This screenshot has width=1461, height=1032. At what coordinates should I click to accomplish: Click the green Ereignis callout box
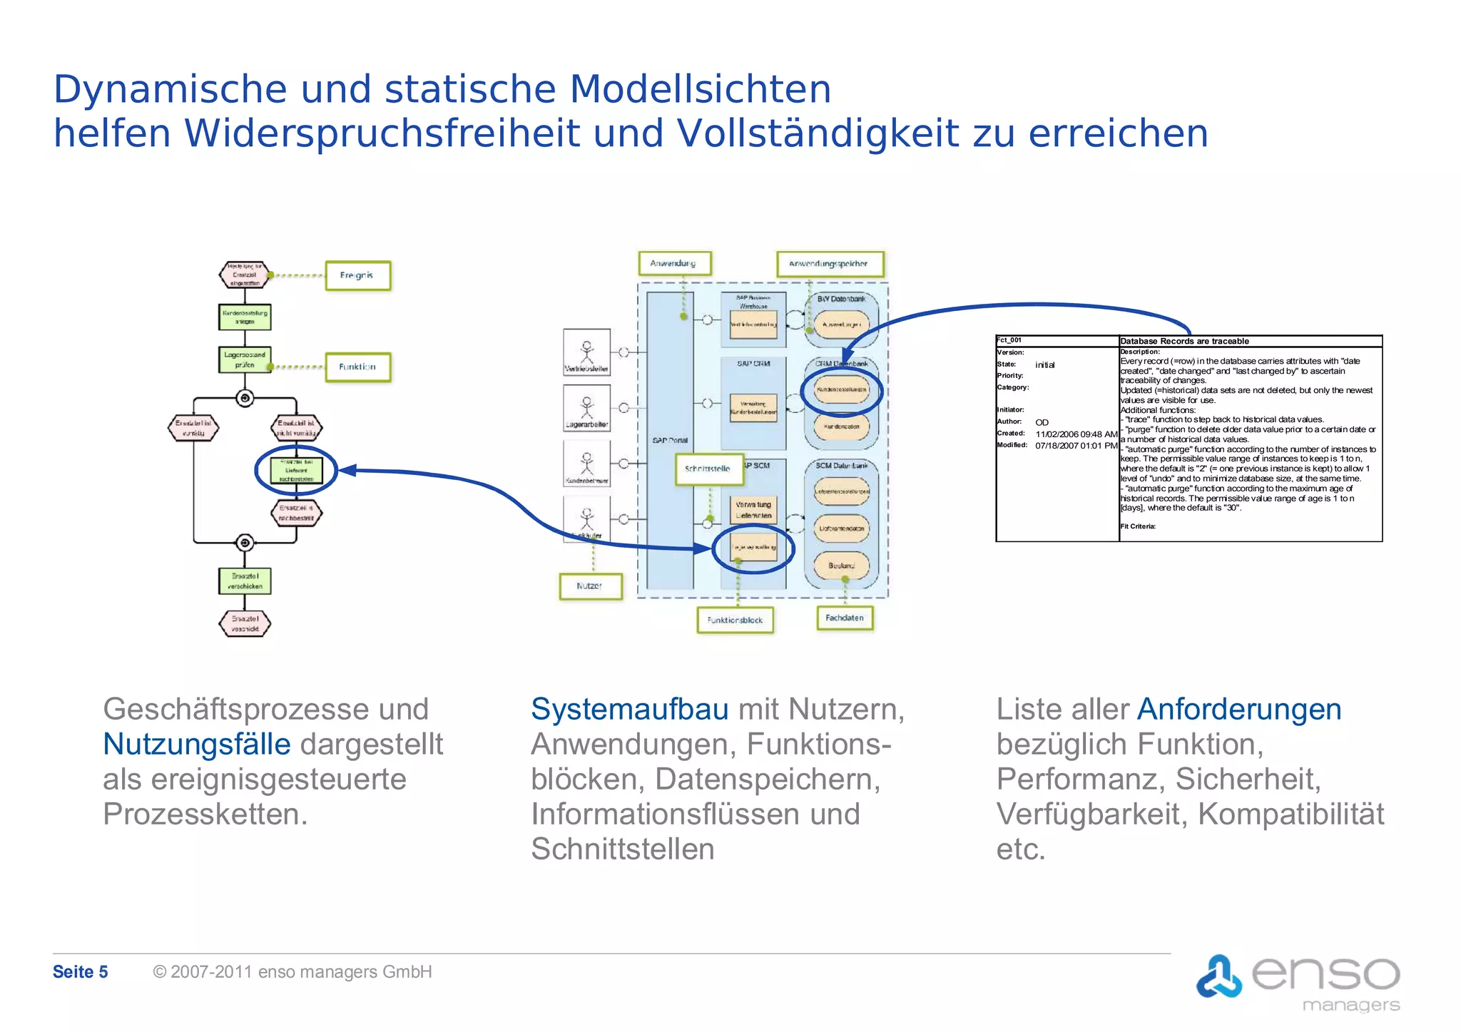pos(357,275)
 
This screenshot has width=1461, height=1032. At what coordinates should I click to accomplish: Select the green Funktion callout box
pos(357,367)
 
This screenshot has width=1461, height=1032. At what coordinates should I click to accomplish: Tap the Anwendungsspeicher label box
pos(829,264)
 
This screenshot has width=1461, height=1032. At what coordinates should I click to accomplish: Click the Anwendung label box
pos(673,263)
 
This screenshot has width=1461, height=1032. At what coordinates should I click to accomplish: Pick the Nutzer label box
pos(589,586)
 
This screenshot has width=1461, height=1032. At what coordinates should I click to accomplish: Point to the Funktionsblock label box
pos(735,620)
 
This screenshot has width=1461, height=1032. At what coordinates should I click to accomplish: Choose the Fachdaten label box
pos(844,618)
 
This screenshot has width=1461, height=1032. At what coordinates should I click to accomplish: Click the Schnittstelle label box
pos(707,469)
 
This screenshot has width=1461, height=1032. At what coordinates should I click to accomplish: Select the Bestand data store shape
pos(842,566)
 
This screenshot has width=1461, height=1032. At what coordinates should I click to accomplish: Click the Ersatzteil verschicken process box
pos(245,581)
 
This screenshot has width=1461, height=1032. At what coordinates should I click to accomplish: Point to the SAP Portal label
pos(670,440)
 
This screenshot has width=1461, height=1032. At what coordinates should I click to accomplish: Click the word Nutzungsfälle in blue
pos(197,744)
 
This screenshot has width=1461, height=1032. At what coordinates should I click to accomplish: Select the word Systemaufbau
pos(629,709)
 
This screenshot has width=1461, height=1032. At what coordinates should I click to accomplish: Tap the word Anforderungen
pos(1239,709)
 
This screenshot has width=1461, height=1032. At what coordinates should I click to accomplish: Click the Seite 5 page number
pos(80,971)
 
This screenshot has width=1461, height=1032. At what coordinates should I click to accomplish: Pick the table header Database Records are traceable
pos(1184,341)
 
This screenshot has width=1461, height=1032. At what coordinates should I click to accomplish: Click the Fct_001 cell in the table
pos(1009,340)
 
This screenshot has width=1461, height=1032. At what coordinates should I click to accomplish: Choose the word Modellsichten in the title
pos(700,89)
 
